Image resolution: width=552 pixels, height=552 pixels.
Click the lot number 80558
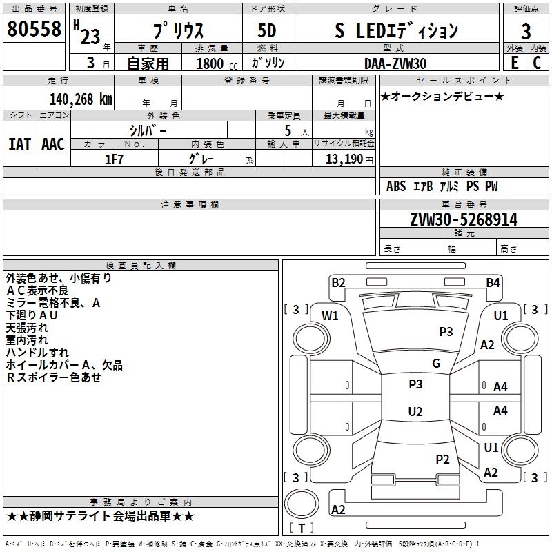coord(34,30)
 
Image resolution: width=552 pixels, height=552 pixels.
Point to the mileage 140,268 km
coord(80,99)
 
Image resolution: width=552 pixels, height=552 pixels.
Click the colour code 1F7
coord(115,159)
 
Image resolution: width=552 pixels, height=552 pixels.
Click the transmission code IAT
coord(19,144)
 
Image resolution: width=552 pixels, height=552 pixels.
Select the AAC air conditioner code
coord(52,144)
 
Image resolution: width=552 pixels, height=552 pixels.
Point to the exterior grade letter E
coord(514,63)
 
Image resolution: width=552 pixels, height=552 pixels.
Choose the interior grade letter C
coord(537,63)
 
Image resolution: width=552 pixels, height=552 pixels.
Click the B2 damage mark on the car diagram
coord(338,282)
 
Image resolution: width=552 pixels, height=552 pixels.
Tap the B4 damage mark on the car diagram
coord(493,282)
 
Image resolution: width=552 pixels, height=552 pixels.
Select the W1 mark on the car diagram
coord(331,316)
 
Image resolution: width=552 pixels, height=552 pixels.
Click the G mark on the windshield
coord(436,364)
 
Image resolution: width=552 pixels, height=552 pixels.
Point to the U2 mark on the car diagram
coord(415,412)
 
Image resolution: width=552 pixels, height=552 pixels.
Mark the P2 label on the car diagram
coord(443,459)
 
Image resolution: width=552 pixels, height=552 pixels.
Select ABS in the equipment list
coord(396,186)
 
